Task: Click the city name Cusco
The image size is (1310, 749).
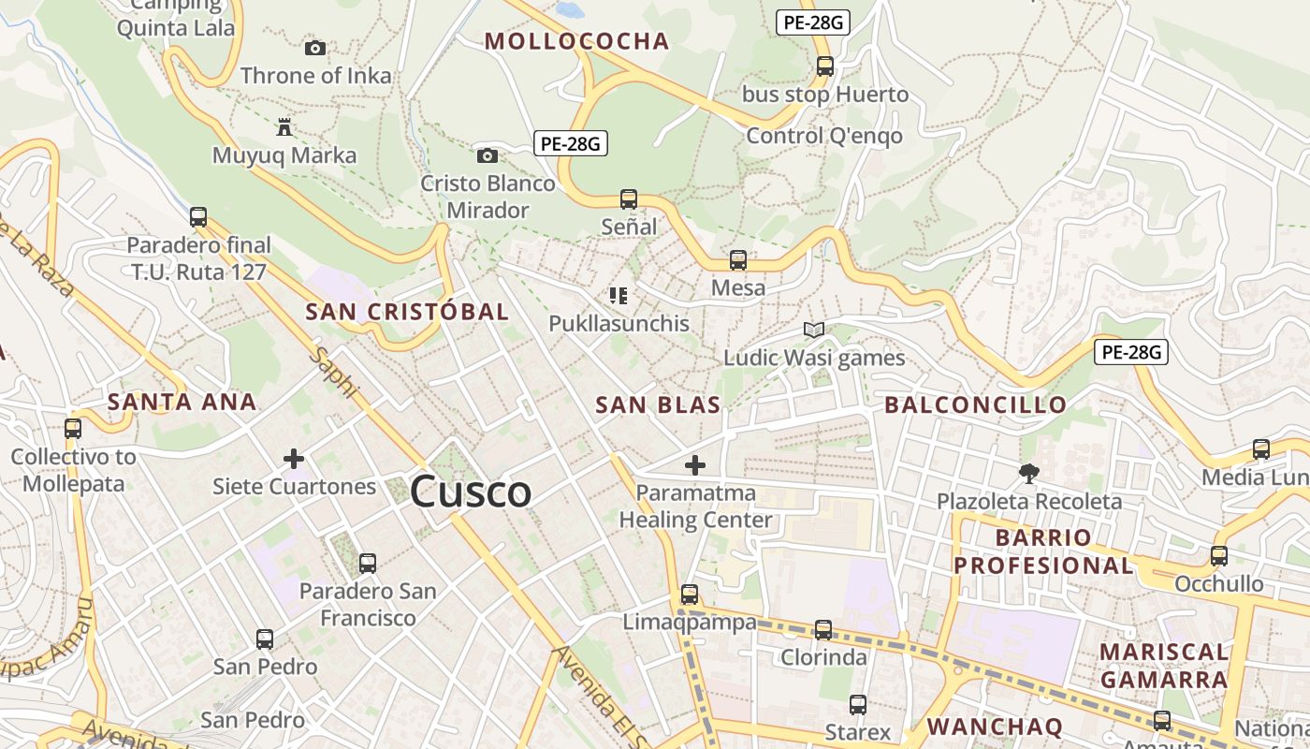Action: (x=471, y=492)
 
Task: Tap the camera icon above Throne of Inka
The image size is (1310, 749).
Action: (x=315, y=48)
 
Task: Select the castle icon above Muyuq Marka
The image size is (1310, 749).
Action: (x=284, y=126)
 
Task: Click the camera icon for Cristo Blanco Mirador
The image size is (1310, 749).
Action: (x=487, y=155)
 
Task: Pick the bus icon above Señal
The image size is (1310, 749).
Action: (x=629, y=198)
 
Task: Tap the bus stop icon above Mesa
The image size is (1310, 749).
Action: (x=738, y=259)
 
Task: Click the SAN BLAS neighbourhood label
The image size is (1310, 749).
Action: (x=658, y=404)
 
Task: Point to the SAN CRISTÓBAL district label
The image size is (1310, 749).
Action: (x=407, y=312)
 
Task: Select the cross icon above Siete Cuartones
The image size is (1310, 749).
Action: (x=294, y=459)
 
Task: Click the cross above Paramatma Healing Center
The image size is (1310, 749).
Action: (x=695, y=464)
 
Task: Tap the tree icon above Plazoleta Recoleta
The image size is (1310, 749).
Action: (x=1029, y=473)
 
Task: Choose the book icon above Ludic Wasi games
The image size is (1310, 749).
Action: (x=814, y=330)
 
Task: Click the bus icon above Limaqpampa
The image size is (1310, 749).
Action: (x=690, y=594)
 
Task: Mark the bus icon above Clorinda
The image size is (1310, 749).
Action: (x=823, y=629)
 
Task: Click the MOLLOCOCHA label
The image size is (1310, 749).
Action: (x=576, y=40)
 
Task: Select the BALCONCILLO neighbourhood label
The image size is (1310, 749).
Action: (x=975, y=404)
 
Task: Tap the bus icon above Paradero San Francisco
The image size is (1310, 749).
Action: (x=368, y=563)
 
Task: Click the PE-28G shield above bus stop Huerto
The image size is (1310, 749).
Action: (x=812, y=22)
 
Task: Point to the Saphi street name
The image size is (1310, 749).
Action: (x=334, y=373)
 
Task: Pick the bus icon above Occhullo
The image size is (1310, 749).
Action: (x=1219, y=555)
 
